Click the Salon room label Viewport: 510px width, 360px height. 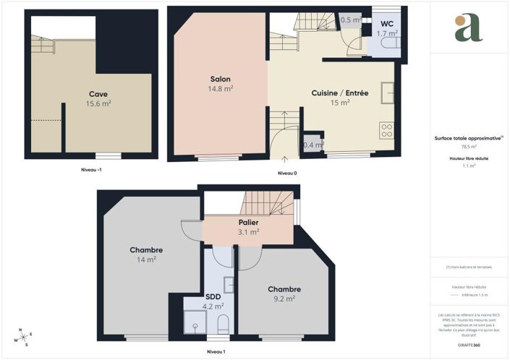[221, 79]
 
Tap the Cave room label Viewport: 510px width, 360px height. [98, 94]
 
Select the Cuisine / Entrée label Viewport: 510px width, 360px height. [340, 93]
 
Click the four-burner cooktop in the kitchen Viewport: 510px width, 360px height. [386, 131]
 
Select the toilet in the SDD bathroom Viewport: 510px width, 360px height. [223, 325]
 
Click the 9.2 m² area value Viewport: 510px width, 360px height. [284, 299]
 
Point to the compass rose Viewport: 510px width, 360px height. [23, 337]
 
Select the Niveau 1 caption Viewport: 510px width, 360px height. [216, 351]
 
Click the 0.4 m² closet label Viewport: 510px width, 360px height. [313, 145]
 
